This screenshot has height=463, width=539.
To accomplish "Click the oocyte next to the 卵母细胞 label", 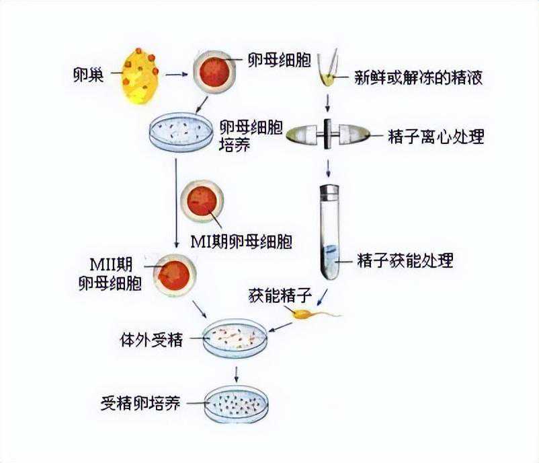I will (x=214, y=71).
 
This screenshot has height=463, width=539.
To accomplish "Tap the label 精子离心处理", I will (x=436, y=137).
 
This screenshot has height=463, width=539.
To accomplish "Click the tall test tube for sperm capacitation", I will (x=329, y=232).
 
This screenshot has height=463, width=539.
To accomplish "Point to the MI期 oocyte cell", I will (x=202, y=200).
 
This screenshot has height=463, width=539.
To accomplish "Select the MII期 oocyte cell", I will (x=174, y=274).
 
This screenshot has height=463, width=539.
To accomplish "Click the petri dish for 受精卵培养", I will (x=235, y=403).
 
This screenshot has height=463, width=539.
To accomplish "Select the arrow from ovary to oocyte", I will (x=175, y=73).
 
